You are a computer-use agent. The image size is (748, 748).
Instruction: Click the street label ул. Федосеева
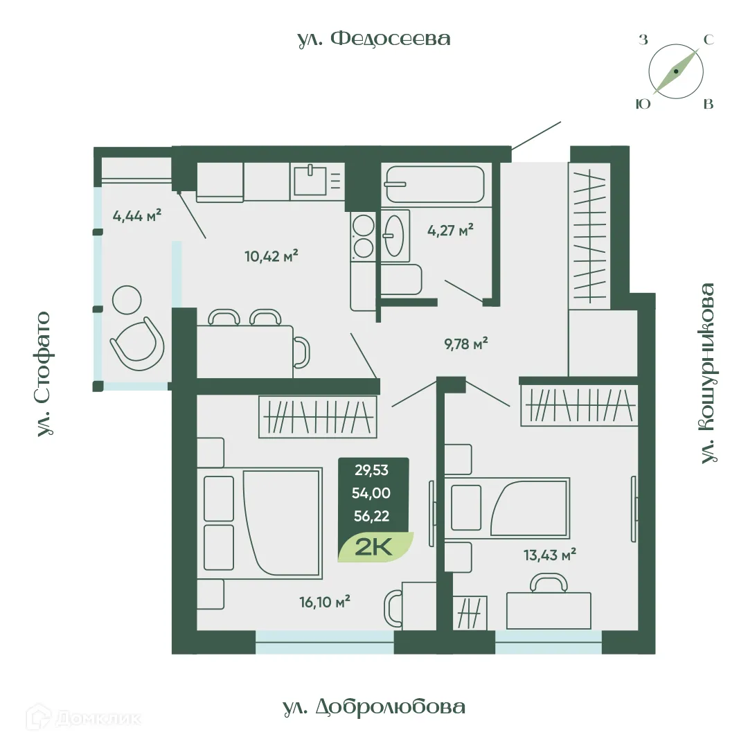373,39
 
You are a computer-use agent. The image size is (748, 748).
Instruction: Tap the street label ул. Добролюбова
374,706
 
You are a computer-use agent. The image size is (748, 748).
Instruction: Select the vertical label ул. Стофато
44,374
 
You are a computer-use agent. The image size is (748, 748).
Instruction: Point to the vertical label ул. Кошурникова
709,373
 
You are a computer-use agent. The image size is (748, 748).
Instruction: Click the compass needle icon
676,71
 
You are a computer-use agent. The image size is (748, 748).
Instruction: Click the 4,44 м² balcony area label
137,215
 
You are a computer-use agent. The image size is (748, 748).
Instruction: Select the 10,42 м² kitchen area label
271,256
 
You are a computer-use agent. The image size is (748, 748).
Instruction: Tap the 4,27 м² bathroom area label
450,231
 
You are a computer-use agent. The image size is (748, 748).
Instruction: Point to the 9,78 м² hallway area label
466,344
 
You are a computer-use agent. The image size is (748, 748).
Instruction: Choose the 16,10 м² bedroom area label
325,602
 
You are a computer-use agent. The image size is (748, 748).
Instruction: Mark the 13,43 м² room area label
549,555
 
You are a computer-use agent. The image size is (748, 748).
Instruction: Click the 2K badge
375,546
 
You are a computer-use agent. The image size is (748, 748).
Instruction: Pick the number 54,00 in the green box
371,493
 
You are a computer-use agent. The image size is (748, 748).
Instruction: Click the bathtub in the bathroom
435,184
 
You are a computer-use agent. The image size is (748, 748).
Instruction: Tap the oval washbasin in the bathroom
395,235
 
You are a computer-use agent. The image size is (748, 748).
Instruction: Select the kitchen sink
310,180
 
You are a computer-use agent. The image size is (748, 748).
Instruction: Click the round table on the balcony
127,300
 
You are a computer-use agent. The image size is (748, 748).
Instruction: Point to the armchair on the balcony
137,344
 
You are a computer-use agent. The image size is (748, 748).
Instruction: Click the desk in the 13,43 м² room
549,611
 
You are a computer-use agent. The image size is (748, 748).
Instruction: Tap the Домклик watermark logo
84,718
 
